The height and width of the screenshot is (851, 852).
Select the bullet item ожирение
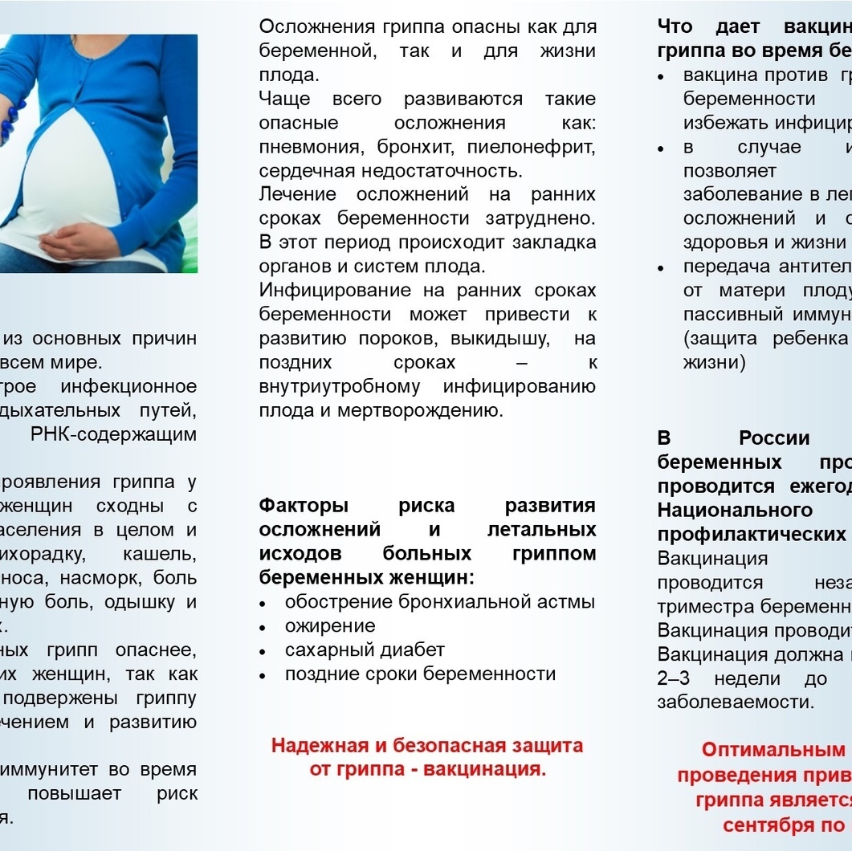point(330,625)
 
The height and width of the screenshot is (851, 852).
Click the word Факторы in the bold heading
point(304,506)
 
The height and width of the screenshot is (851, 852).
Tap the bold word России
point(774,438)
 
